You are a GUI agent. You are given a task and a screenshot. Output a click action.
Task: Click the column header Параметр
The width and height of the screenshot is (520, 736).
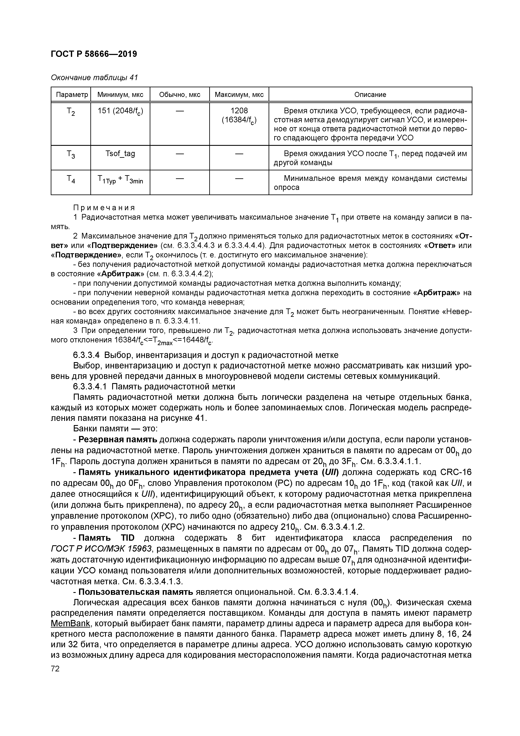(71, 95)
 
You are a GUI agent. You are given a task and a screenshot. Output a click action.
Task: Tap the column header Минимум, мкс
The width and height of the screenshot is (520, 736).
(120, 95)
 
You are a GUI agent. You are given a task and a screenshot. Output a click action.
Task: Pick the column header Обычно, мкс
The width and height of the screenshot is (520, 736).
(179, 95)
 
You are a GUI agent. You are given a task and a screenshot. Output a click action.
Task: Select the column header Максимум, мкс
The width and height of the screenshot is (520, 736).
(239, 95)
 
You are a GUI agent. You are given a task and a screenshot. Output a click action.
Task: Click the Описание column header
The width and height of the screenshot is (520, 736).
(370, 95)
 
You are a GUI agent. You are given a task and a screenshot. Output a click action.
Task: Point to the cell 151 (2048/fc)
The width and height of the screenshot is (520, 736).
(120, 111)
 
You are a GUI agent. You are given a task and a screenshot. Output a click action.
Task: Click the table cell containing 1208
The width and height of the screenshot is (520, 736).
(239, 111)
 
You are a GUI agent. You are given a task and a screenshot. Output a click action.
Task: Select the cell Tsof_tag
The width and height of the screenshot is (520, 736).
(120, 154)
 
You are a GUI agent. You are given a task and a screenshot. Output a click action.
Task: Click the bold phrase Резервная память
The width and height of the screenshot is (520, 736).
(118, 440)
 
